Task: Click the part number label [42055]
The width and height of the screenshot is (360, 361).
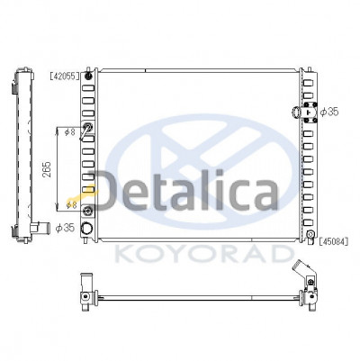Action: point(65,77)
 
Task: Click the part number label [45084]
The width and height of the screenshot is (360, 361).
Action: point(334,241)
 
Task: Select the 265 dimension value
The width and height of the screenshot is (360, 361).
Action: point(47,169)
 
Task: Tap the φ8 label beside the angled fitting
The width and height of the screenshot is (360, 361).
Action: point(70,131)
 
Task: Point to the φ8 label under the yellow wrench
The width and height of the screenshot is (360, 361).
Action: point(72,205)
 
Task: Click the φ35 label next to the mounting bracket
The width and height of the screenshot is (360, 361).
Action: point(329,112)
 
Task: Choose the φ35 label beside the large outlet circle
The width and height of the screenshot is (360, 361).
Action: point(65,228)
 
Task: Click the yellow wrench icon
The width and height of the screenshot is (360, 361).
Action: point(82,194)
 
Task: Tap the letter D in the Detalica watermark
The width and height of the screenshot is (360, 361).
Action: point(110,191)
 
